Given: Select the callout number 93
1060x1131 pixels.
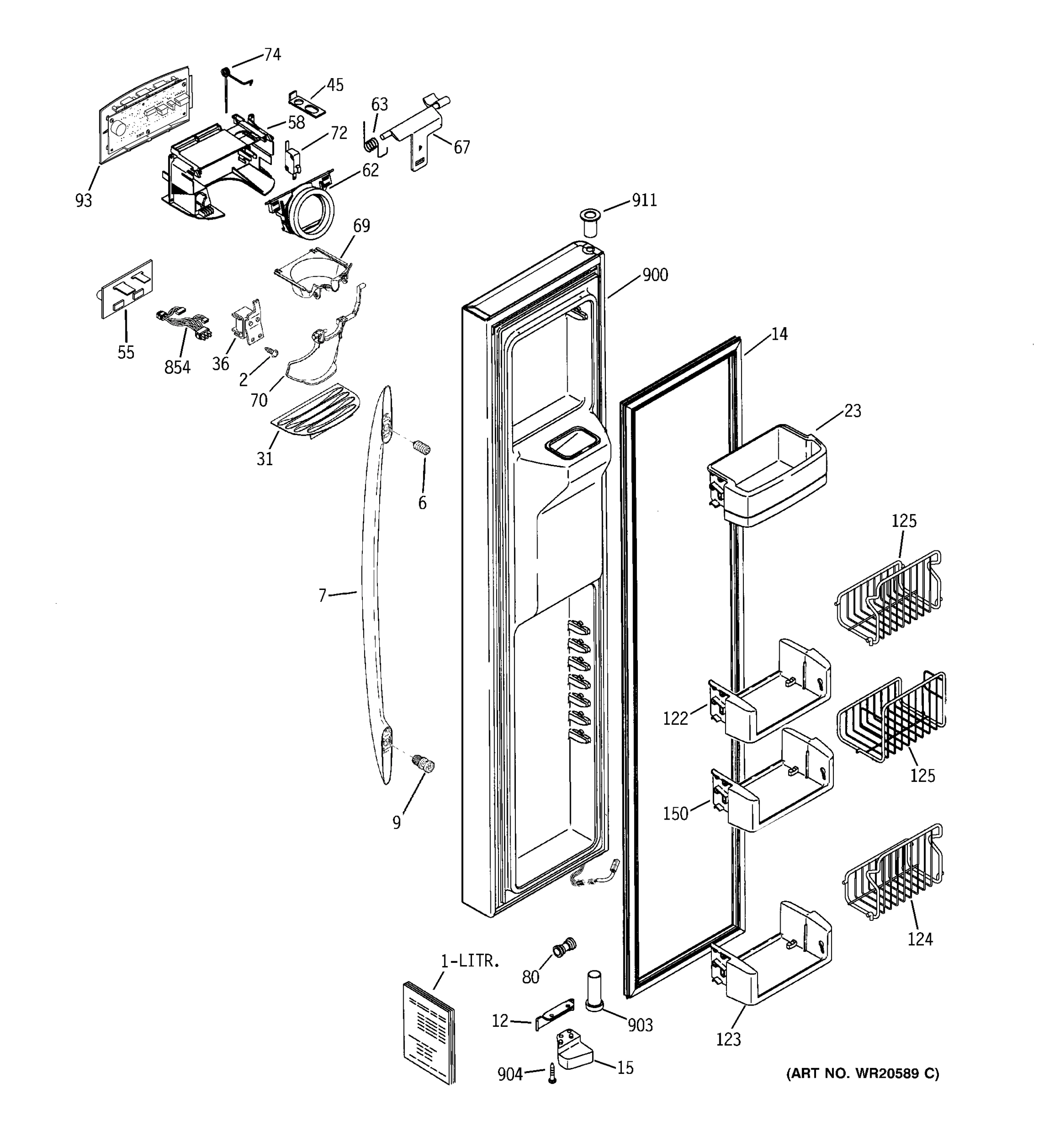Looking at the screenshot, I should pos(83,200).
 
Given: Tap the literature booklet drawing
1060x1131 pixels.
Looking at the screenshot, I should pos(429,1031).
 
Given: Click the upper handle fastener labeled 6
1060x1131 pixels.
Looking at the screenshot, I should pos(421,447).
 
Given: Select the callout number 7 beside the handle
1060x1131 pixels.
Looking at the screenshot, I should pos(322,596).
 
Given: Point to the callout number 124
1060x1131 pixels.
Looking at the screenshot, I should pos(920,939).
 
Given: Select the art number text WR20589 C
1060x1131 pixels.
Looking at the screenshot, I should pos(862,1074).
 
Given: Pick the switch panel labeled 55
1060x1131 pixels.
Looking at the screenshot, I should pos(124,289).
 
